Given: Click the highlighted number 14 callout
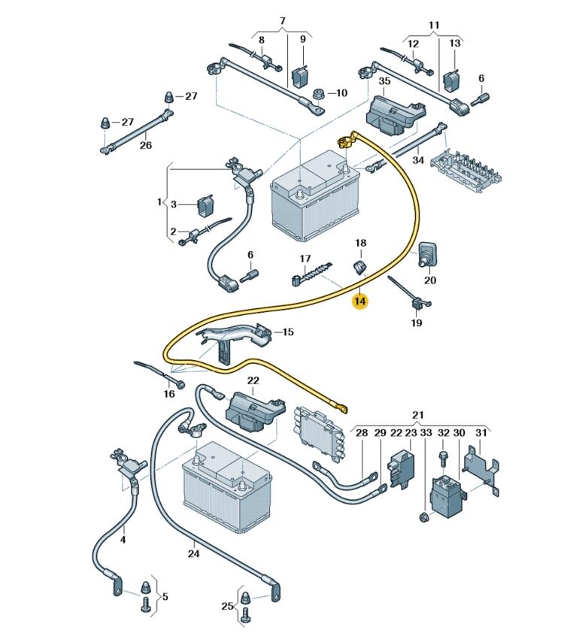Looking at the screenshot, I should coord(360,301).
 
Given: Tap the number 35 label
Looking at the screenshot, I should coord(384,81).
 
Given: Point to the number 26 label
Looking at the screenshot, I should coord(145,146).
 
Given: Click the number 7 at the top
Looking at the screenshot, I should coord(283,21).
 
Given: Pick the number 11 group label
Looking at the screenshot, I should coord(433,26).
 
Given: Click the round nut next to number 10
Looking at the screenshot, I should coord(319,94).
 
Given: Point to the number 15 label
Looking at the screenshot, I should coord(288,332).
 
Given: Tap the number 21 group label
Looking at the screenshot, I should coord(418,415).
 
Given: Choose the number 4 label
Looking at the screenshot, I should coord(123,539).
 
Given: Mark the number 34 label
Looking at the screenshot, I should coord(419,161).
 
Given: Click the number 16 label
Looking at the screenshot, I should coord(170,393).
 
